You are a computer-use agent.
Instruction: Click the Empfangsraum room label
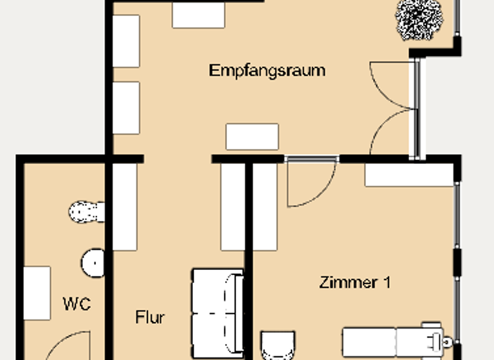(x=267, y=70)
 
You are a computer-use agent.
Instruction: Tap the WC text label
(x=76, y=303)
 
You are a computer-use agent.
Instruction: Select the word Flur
(x=150, y=317)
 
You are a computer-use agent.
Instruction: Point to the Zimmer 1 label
(x=354, y=282)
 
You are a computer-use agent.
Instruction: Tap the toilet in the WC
(x=87, y=212)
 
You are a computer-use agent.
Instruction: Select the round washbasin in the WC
(x=93, y=262)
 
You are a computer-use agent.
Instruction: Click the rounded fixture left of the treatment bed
(x=278, y=345)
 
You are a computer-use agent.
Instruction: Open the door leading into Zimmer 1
(x=310, y=183)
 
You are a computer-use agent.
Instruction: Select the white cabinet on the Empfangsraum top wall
(x=198, y=14)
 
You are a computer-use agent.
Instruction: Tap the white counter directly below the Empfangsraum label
(x=252, y=136)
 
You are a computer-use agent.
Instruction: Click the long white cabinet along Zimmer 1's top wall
(x=409, y=175)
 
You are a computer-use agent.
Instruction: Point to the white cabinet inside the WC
(x=37, y=292)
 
